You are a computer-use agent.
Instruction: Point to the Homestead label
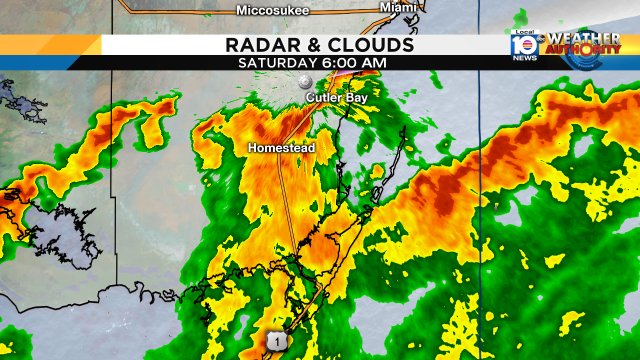tap(282, 148)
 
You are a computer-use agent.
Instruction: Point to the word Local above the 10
tap(522, 32)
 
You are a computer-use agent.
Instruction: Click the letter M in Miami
tap(384, 8)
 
